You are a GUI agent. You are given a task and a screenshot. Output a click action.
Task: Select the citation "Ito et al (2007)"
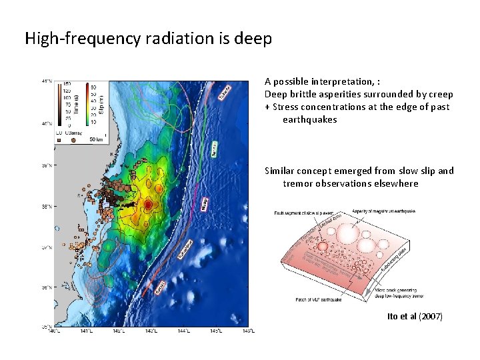click(x=415, y=316)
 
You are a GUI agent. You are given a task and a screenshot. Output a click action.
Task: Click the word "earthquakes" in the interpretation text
click(x=310, y=120)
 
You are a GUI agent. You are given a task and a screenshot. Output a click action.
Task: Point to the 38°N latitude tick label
click(x=47, y=207)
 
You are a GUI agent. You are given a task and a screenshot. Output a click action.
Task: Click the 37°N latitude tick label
click(x=47, y=247)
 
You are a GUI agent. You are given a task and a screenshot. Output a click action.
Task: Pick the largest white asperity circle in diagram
click(x=348, y=235)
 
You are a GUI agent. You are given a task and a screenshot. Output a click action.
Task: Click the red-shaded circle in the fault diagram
click(x=323, y=247)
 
